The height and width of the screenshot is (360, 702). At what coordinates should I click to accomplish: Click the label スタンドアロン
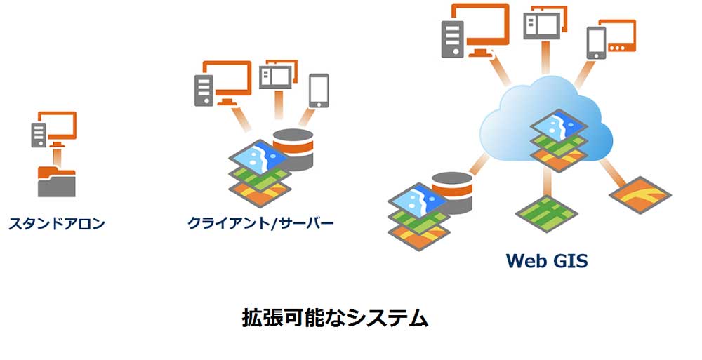pyautogui.click(x=56, y=225)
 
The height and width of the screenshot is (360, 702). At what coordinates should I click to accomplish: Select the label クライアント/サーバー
pyautogui.click(x=260, y=224)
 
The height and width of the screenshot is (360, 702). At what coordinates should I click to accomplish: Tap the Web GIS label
pyautogui.click(x=547, y=261)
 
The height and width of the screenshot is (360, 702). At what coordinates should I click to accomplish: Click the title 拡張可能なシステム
pyautogui.click(x=335, y=317)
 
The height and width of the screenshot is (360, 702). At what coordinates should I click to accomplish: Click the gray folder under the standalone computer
pyautogui.click(x=55, y=180)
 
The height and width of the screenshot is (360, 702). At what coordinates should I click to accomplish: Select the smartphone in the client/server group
pyautogui.click(x=319, y=90)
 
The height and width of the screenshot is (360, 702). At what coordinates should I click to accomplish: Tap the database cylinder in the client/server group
pyautogui.click(x=293, y=149)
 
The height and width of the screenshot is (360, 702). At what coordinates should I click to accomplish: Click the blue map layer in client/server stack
pyautogui.click(x=258, y=156)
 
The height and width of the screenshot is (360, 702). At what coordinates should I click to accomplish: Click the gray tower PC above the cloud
pyautogui.click(x=451, y=39)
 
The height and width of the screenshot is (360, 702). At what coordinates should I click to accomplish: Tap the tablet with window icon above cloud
pyautogui.click(x=545, y=23)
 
